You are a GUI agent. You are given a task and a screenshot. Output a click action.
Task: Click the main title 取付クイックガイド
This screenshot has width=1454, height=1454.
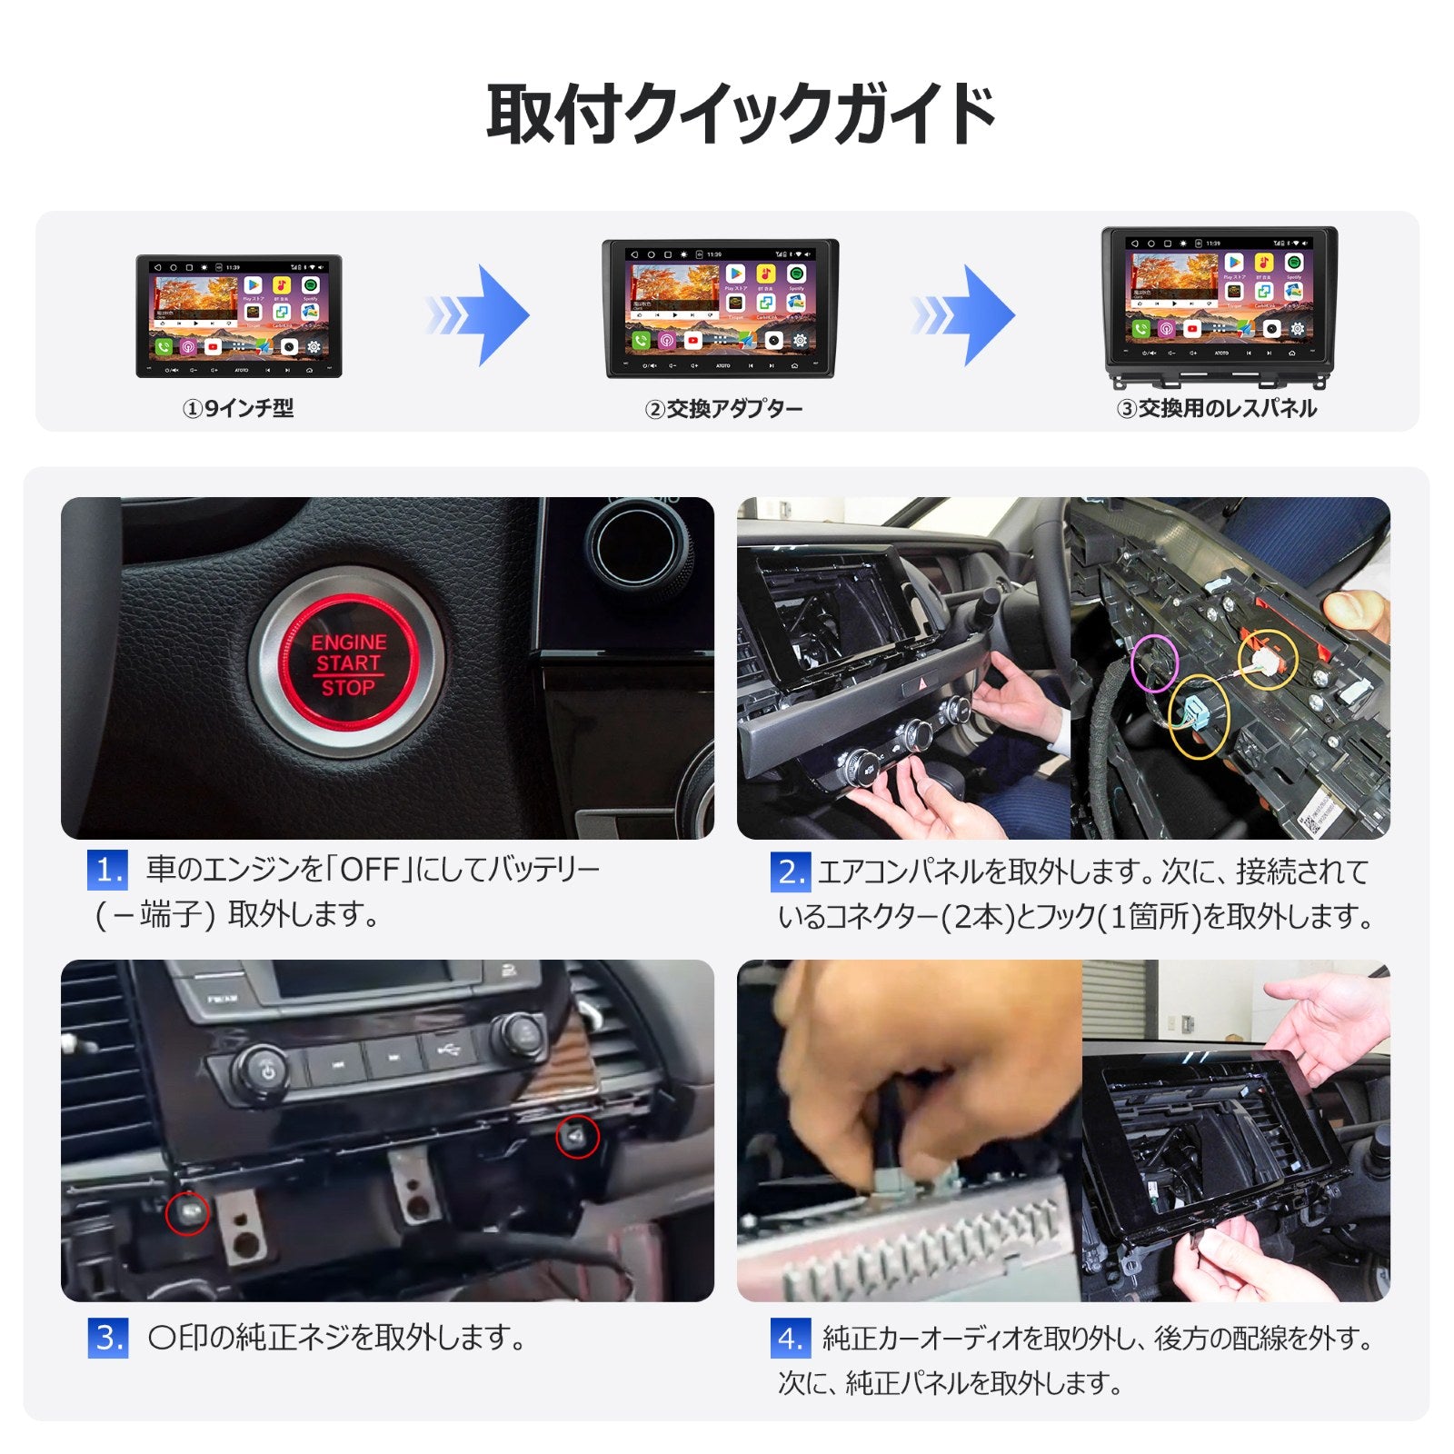pyautogui.click(x=741, y=115)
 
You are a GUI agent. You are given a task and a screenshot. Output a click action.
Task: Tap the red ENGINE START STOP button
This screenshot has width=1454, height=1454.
pyautogui.click(x=349, y=664)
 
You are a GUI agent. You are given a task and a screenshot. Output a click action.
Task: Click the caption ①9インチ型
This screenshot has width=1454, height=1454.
pyautogui.click(x=238, y=409)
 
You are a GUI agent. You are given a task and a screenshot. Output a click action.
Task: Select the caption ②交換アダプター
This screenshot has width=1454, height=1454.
pyautogui.click(x=723, y=409)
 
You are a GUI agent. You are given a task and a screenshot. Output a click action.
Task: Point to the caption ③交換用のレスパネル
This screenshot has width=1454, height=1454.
pyautogui.click(x=1216, y=409)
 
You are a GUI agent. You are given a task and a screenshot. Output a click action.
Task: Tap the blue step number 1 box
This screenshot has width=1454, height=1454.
pyautogui.click(x=107, y=871)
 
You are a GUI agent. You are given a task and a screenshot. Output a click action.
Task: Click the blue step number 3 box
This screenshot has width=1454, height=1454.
pyautogui.click(x=107, y=1339)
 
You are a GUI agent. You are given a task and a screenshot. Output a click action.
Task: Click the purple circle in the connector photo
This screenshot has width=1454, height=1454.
pyautogui.click(x=1155, y=662)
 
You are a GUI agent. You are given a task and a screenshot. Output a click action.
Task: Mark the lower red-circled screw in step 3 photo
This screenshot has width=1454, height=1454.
pyautogui.click(x=187, y=1212)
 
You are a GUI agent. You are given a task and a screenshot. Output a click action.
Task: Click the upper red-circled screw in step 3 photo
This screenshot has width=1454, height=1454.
pyautogui.click(x=577, y=1137)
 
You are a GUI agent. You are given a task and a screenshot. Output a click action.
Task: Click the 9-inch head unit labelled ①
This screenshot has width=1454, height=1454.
pyautogui.click(x=239, y=315)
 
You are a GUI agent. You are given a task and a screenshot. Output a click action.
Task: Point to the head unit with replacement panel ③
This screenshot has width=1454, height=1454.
pyautogui.click(x=1219, y=306)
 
